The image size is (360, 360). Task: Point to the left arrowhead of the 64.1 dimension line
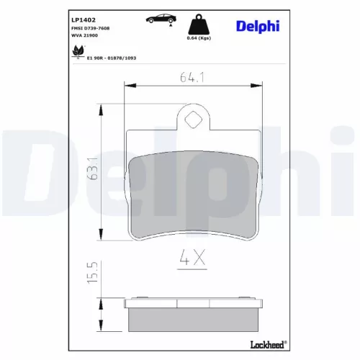[128, 84]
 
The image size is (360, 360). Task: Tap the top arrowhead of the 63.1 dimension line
[99, 107]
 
